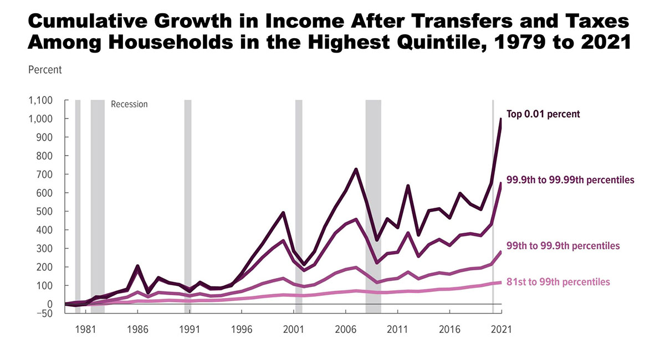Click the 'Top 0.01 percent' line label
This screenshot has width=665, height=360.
(x=544, y=115)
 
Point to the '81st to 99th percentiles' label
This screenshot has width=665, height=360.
(x=558, y=282)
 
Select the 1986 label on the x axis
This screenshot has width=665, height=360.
(x=137, y=328)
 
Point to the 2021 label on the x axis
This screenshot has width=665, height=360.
(x=501, y=328)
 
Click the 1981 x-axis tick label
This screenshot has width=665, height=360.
(x=85, y=328)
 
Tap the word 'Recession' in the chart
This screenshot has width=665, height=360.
(x=130, y=104)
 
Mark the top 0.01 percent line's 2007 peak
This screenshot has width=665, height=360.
(x=356, y=169)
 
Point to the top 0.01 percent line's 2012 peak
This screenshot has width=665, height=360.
(x=408, y=186)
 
